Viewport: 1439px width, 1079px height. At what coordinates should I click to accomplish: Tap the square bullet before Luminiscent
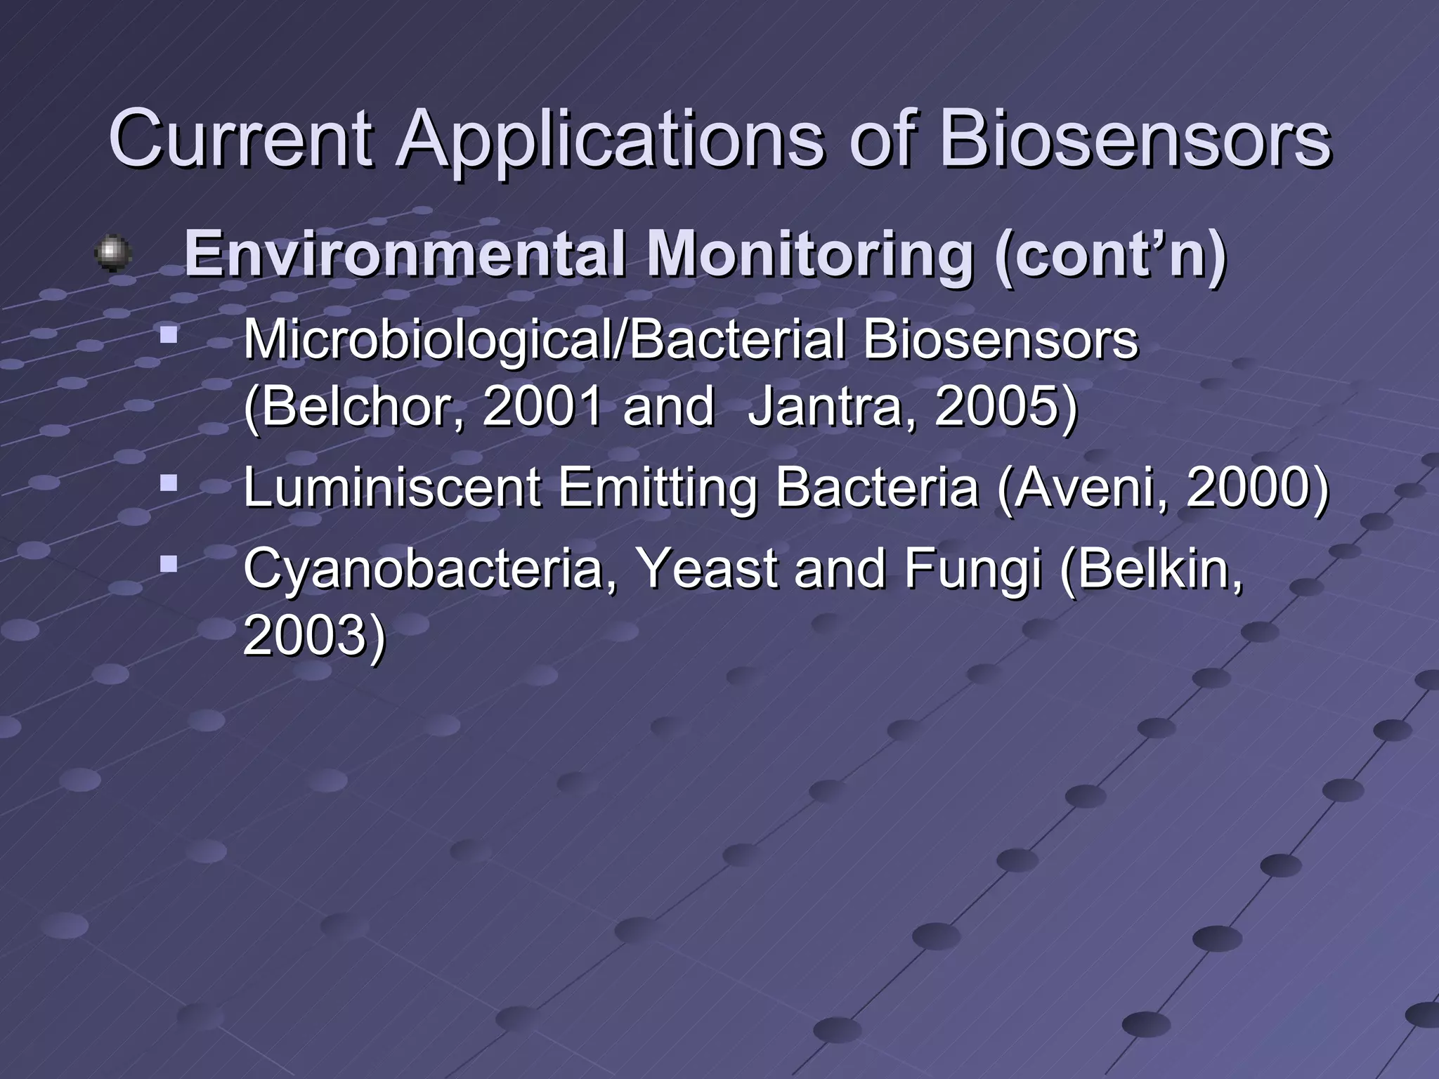coord(168,483)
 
